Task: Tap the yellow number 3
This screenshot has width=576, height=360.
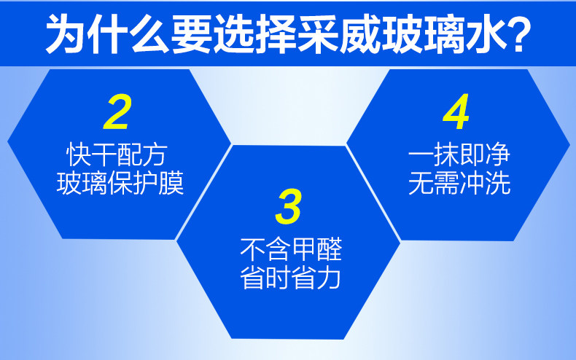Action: pyautogui.click(x=289, y=206)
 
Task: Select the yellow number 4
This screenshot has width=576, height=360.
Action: pyautogui.click(x=456, y=111)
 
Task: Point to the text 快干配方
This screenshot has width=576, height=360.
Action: pyautogui.click(x=117, y=155)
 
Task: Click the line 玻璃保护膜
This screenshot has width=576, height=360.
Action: pyautogui.click(x=120, y=183)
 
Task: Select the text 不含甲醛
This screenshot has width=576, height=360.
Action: pyautogui.click(x=291, y=249)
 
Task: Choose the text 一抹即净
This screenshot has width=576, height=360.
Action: pyautogui.click(x=459, y=154)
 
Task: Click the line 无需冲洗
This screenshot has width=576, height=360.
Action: pyautogui.click(x=459, y=183)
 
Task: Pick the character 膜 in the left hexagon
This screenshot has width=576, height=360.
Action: pyautogui.click(x=171, y=183)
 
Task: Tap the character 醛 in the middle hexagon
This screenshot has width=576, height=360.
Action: pyautogui.click(x=330, y=249)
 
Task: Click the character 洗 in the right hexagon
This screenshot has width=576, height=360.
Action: pyautogui.click(x=498, y=183)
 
